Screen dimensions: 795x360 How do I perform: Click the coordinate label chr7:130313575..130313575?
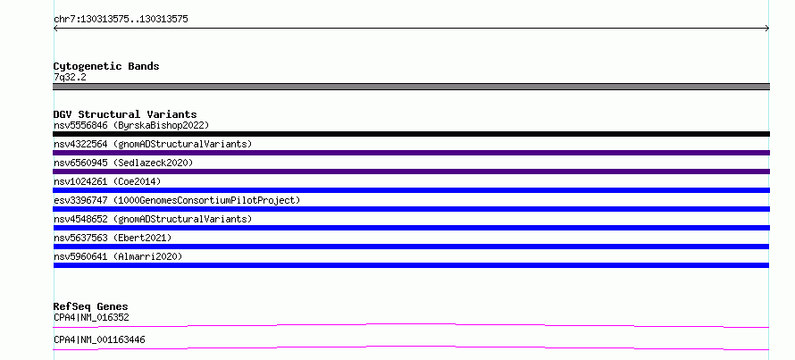point(121,20)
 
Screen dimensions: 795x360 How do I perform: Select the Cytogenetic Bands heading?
point(106,66)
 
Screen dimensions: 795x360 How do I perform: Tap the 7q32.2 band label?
point(70,77)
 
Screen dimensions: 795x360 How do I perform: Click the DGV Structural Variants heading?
point(125,114)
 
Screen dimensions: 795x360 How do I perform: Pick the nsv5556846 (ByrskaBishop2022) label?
point(131,125)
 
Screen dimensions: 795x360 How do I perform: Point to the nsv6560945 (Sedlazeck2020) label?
point(123,163)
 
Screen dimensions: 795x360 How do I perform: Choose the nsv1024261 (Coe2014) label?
point(107,181)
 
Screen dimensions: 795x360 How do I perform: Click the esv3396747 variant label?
point(177,200)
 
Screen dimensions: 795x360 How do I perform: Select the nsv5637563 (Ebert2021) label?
point(113,238)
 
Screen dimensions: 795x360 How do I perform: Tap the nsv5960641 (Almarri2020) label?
point(118,256)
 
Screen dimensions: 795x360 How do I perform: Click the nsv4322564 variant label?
point(153,144)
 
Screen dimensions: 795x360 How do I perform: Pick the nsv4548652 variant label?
point(153,219)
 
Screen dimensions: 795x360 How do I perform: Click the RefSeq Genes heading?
point(90,306)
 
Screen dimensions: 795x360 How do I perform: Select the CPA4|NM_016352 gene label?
point(91,318)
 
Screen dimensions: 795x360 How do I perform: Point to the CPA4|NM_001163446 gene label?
point(99,339)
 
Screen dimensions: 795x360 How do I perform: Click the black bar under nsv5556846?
point(411,134)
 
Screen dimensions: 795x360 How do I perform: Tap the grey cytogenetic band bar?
point(411,87)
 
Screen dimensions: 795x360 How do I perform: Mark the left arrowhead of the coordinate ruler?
point(54,29)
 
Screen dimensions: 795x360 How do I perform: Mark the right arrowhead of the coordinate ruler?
point(768,29)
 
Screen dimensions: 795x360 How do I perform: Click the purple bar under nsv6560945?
point(411,172)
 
